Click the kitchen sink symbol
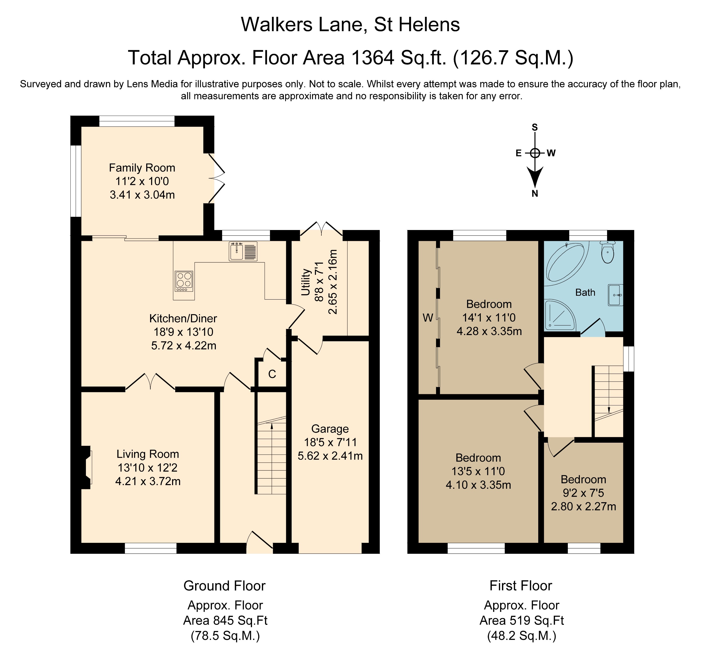(243, 251)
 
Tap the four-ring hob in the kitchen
(184, 281)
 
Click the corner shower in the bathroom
(560, 315)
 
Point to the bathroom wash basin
(616, 295)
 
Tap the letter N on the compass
(535, 194)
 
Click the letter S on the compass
(535, 127)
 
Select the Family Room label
(142, 168)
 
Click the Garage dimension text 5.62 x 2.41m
(330, 456)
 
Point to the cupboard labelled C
(272, 374)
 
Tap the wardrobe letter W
(428, 318)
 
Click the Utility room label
(305, 282)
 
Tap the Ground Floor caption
(224, 586)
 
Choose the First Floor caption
(520, 586)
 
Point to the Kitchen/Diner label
(183, 318)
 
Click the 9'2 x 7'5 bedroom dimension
(583, 493)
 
